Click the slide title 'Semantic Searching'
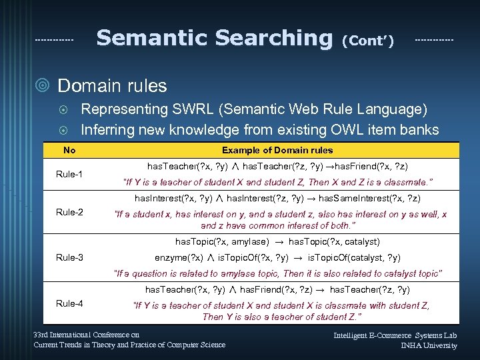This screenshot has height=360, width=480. click(x=214, y=37)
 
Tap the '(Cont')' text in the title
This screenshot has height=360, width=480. click(x=367, y=41)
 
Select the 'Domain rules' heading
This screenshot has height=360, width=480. click(x=112, y=86)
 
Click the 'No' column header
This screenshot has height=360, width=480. click(x=69, y=150)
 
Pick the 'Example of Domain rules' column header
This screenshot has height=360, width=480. click(x=277, y=150)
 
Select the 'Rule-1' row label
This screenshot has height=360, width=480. click(x=69, y=175)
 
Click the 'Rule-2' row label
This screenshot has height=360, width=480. click(x=69, y=213)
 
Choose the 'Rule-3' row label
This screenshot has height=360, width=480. click(x=69, y=257)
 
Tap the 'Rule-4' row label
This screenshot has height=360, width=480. click(x=69, y=303)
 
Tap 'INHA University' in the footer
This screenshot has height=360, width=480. click(x=429, y=345)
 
